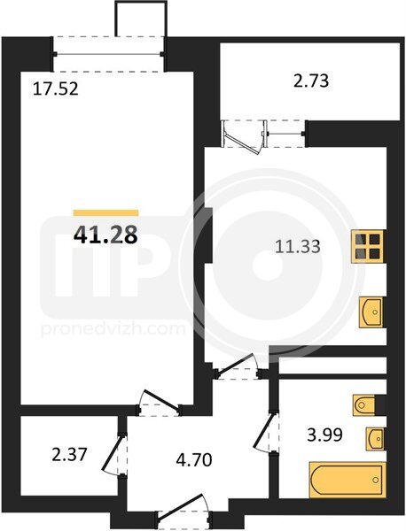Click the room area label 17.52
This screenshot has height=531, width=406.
pyautogui.click(x=56, y=89)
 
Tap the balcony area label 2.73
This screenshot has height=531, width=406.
pyautogui.click(x=311, y=81)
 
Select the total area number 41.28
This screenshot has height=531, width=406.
pyautogui.click(x=105, y=235)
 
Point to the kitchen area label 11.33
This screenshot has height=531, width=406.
pyautogui.click(x=298, y=246)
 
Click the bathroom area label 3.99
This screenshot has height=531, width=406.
pyautogui.click(x=324, y=435)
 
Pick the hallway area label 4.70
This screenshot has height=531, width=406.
pyautogui.click(x=194, y=460)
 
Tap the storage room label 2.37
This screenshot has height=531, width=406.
pyautogui.click(x=70, y=454)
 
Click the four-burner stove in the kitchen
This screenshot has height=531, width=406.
pyautogui.click(x=367, y=246)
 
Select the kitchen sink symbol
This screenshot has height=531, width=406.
pyautogui.click(x=371, y=312)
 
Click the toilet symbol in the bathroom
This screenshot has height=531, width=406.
pyautogui.click(x=364, y=404)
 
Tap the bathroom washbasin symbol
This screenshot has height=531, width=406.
pyautogui.click(x=375, y=439)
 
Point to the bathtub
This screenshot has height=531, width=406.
pyautogui.click(x=347, y=480)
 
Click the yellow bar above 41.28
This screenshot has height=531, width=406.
pyautogui.click(x=105, y=212)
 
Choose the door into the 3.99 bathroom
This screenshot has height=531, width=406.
pyautogui.click(x=267, y=432)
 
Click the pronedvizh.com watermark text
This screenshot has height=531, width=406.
pyautogui.click(x=113, y=329)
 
